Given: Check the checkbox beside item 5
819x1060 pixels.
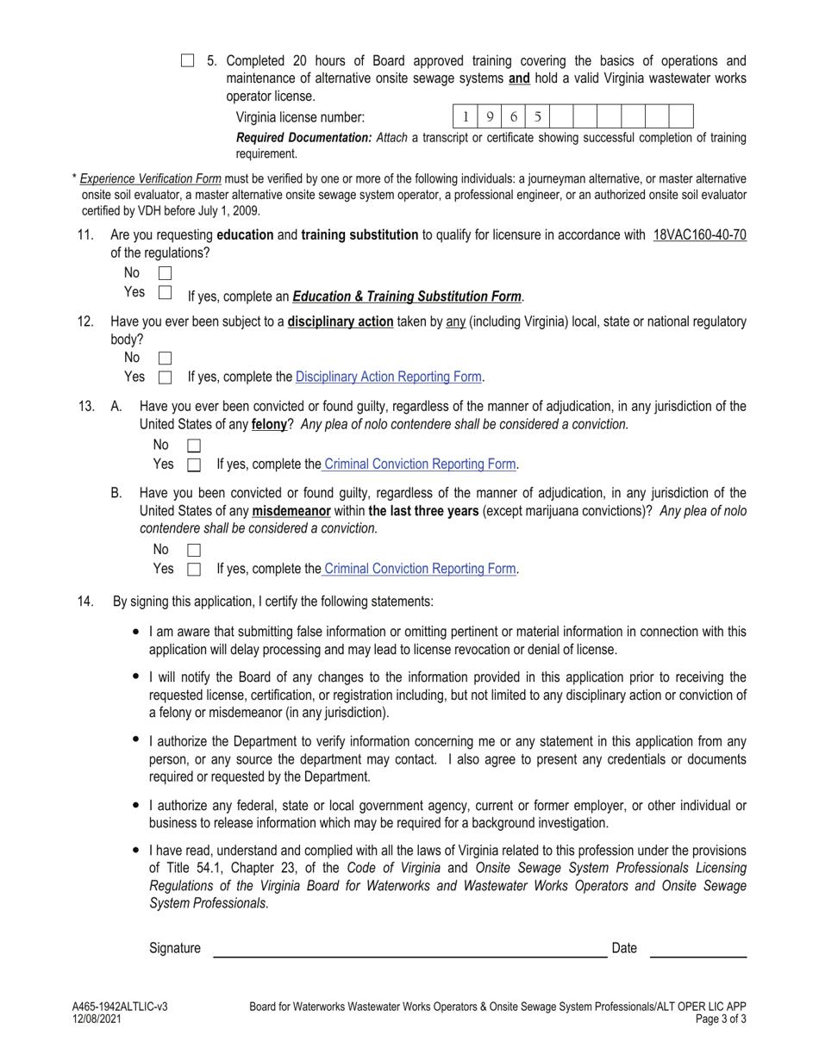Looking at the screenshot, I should coord(188,60).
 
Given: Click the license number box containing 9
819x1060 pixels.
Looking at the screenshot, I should coord(489,116).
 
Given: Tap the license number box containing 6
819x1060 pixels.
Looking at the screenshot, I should coord(513,116).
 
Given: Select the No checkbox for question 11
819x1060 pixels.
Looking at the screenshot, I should coord(166,273).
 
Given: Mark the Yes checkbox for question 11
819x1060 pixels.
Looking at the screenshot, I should coord(166,293).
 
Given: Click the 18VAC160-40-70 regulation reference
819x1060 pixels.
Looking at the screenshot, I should coord(699,234).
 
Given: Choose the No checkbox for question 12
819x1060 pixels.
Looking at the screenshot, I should coord(166,358).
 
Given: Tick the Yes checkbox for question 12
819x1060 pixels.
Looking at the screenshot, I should coord(166,377).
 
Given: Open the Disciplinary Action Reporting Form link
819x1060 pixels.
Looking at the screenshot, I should coord(389,377).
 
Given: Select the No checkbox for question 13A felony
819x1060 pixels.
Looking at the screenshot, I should coord(194,446).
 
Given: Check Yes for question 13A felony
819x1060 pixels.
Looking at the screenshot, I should coord(194,465).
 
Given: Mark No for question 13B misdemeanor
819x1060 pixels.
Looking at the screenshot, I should coord(194,550).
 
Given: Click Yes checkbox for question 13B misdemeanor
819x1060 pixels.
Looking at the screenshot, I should coord(194,570).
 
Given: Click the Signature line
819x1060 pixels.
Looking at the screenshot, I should coord(409,950).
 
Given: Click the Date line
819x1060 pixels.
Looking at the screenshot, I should coord(697,950).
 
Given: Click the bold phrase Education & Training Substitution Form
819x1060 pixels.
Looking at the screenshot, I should coord(407,296).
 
